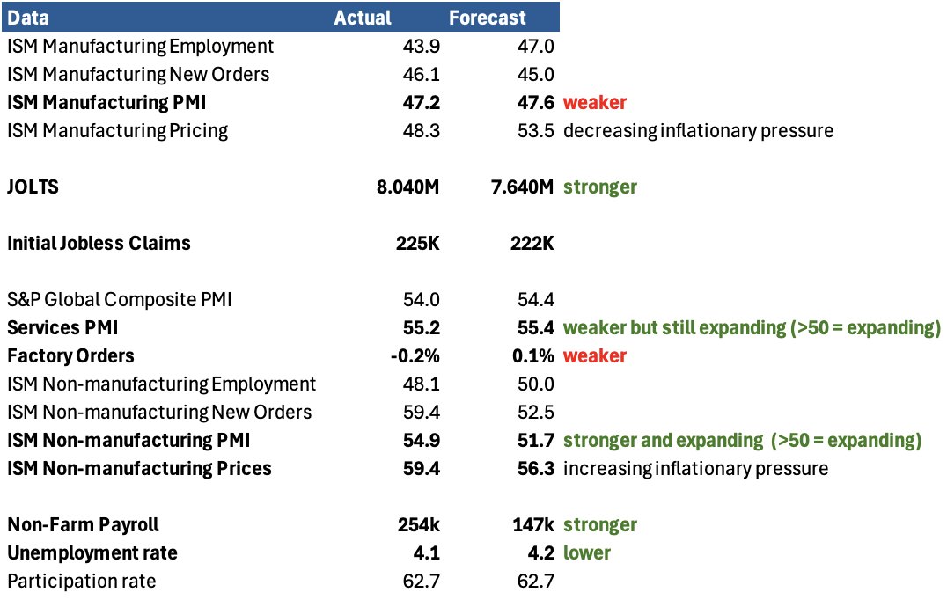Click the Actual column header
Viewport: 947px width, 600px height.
363,18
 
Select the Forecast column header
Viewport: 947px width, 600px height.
487,18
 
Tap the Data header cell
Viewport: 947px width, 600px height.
28,18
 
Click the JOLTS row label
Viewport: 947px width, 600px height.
33,187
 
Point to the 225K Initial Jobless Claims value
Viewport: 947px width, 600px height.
416,243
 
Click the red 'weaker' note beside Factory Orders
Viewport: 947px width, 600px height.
595,355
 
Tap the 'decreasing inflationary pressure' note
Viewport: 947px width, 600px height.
698,130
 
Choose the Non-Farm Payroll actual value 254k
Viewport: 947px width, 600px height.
418,524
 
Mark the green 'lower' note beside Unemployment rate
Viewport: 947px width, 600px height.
586,552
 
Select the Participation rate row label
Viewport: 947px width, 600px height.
81,581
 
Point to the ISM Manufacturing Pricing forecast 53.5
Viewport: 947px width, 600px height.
536,130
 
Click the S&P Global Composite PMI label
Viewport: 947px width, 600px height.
119,299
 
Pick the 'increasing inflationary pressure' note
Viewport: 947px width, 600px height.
695,468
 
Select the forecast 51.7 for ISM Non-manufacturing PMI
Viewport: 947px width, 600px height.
536,440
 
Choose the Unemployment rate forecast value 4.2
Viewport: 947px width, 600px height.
541,552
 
